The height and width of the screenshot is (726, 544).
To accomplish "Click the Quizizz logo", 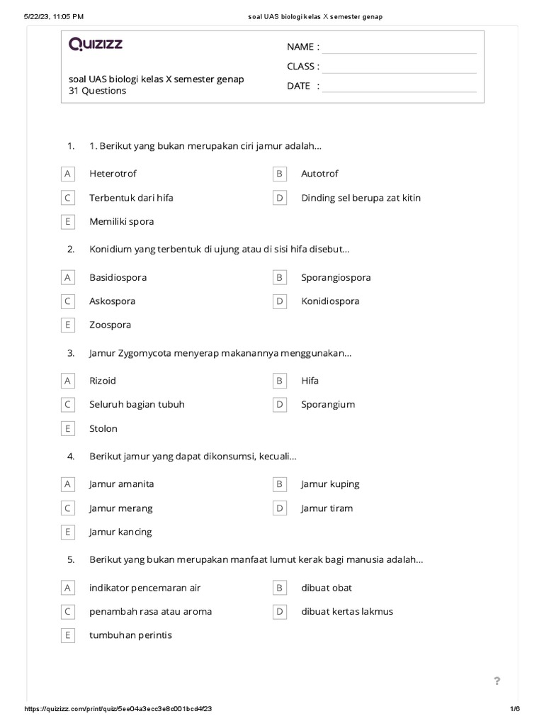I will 96,45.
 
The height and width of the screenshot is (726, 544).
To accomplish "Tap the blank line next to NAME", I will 399,48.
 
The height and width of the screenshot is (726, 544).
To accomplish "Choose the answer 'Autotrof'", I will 319,174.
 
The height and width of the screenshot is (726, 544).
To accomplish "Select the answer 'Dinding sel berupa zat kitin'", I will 361,198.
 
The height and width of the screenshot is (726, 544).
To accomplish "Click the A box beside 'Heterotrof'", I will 68,174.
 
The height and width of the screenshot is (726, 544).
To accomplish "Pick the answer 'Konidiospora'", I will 330,301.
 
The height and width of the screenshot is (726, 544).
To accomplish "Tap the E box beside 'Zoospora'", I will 68,325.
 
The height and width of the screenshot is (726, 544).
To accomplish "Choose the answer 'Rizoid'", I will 103,381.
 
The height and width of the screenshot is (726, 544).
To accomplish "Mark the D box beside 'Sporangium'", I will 280,405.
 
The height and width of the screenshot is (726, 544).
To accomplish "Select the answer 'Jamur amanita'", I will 121,484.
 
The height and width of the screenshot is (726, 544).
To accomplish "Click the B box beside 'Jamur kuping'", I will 280,484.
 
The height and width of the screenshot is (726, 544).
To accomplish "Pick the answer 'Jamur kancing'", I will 120,532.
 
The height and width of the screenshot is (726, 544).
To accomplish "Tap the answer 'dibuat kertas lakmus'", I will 347,611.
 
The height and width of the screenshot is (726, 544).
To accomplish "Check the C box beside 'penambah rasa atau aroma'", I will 68,611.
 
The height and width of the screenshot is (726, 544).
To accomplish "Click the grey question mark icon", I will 497,681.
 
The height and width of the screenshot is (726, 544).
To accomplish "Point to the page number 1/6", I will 515,709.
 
